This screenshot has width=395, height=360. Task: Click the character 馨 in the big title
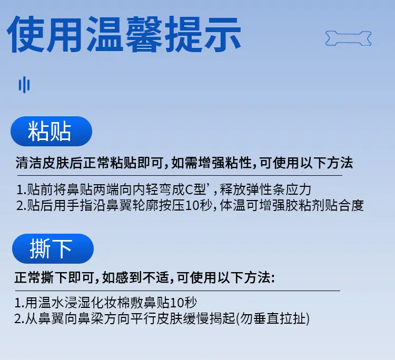click(x=144, y=34)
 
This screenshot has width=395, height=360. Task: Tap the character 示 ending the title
click(x=222, y=34)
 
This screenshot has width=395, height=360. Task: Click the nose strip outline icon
click(x=349, y=38)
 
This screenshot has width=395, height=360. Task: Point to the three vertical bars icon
click(x=24, y=85)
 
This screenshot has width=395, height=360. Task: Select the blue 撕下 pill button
click(x=53, y=249)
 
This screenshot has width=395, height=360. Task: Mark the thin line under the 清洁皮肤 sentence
click(x=180, y=175)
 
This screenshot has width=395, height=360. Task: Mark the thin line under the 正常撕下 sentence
click(x=177, y=291)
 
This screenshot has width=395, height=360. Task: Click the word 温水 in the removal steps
click(x=52, y=303)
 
